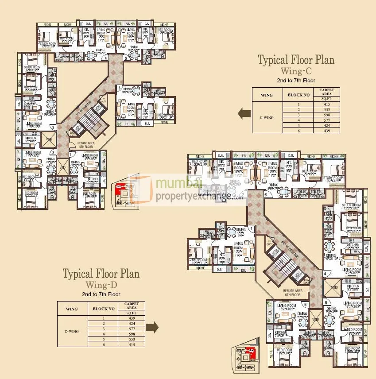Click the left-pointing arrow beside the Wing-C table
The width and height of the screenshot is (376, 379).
[244, 114]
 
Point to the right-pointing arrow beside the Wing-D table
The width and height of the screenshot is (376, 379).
[153, 327]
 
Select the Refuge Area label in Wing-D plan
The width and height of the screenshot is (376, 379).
[293, 292]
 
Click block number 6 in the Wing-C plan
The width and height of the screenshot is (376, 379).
[120, 89]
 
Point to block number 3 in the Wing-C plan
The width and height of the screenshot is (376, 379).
[53, 128]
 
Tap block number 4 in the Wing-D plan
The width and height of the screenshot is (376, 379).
[325, 274]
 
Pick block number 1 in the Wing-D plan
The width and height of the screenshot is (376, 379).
[251, 228]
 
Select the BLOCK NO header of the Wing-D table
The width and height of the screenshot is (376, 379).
[103, 309]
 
